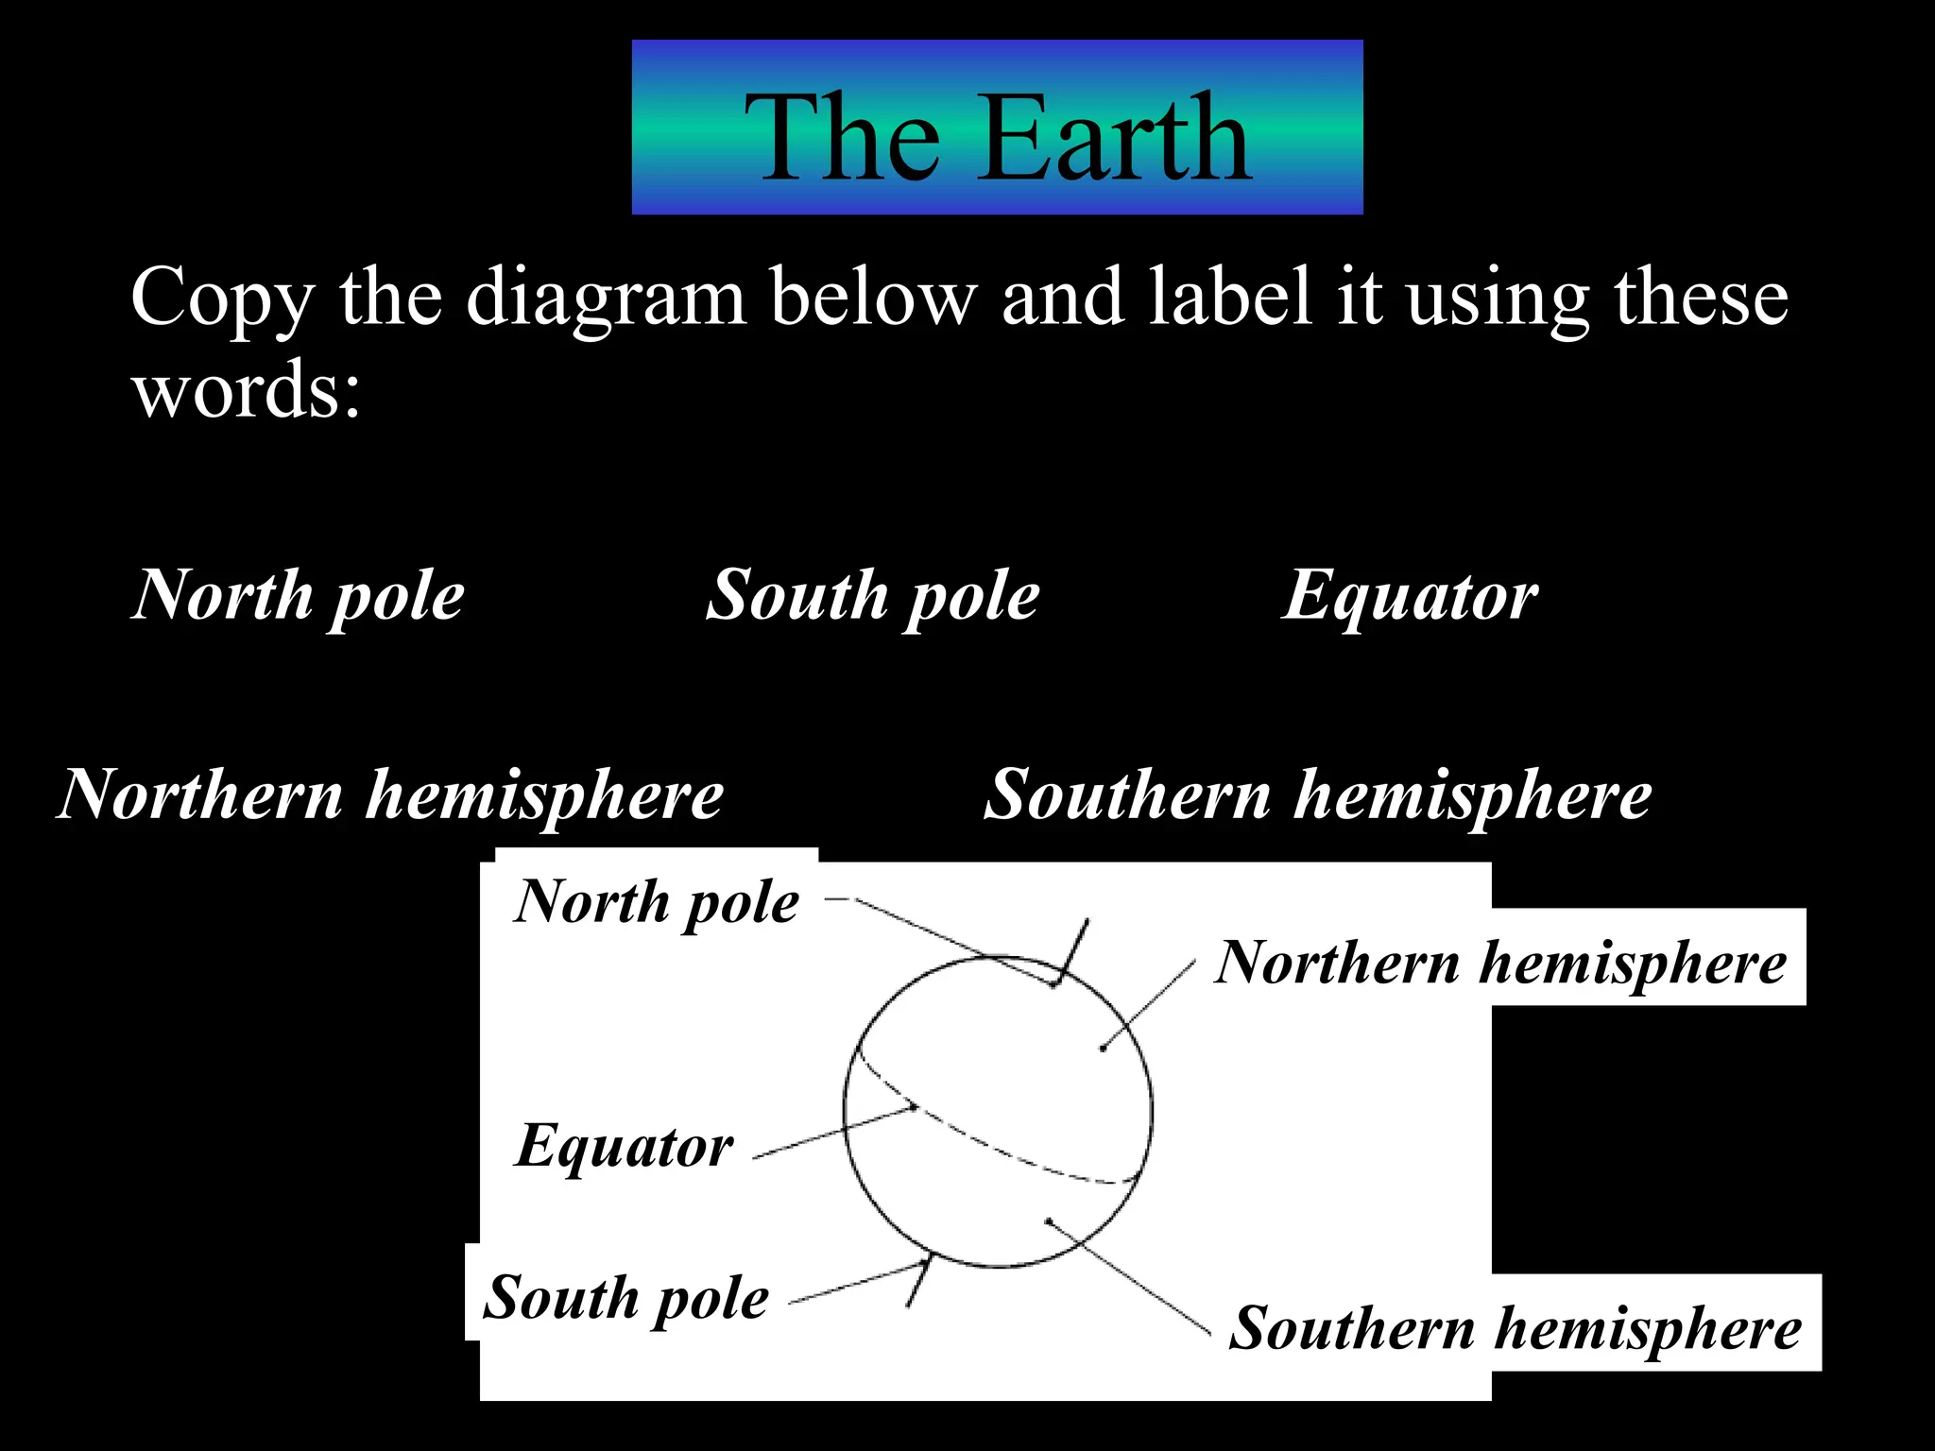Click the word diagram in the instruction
606,299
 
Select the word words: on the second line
247,389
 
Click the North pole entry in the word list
299,596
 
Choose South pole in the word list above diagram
873,596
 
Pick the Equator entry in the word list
1410,596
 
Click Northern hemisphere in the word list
390,794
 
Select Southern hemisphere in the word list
1317,794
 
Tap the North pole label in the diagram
658,901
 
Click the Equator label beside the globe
624,1146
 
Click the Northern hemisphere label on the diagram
1500,963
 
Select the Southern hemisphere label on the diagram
1515,1328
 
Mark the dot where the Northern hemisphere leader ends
1103,1048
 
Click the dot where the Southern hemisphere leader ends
1049,1221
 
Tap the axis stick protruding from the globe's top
1074,948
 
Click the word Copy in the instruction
222,299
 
